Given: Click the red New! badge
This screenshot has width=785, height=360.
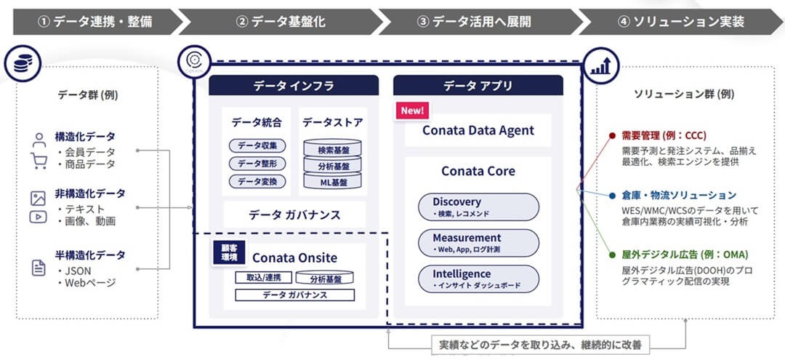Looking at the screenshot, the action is pos(412,111).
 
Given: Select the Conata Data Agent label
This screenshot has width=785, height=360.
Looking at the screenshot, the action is pos(478,131).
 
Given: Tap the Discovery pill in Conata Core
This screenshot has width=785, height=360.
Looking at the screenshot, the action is pos(478,207).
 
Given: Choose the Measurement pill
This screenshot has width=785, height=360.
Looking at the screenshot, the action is pos(478,243).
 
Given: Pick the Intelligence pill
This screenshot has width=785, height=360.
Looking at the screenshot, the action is pos(478,279).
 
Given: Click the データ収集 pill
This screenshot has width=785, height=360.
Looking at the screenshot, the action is pos(257,145).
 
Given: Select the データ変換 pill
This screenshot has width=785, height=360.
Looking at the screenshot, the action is pos(257,182).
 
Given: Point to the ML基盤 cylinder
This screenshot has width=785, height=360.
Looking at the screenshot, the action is pos(333,182).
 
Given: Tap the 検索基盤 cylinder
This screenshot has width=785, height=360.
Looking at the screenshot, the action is pos(333,148).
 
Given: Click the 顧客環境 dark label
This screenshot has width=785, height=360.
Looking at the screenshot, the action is pos(229,253).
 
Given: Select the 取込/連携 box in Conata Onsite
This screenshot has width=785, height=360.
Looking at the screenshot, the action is pos(263,278).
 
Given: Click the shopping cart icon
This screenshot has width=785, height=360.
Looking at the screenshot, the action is pos(39,161).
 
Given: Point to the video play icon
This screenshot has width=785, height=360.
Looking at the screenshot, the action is pos(38,217).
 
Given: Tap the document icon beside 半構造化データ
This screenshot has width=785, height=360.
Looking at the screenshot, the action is pos(38,268).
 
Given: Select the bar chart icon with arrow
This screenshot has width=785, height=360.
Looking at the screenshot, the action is pos(601,65).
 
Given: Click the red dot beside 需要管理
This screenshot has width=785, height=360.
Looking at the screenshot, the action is pos(612,136).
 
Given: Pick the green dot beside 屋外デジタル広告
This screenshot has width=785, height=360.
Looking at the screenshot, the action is pos(612,255).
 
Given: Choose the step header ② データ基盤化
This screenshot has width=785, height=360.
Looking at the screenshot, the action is pos(281,22).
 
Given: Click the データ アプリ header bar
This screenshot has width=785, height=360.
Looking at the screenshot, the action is pos(478,86).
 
